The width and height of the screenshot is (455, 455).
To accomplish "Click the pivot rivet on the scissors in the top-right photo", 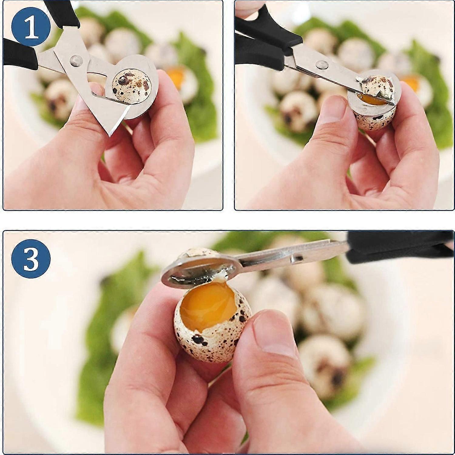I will tap(321, 64).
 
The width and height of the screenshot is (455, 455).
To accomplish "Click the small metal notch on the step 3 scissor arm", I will tap(296, 258).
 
